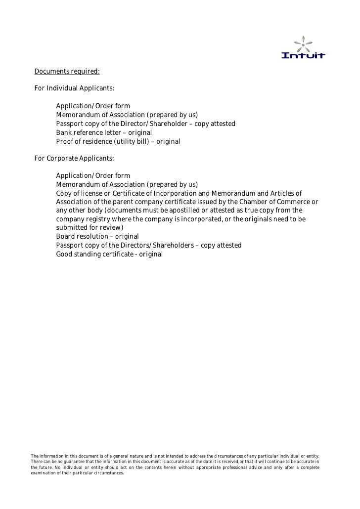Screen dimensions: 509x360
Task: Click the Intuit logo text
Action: pyautogui.click(x=303, y=55)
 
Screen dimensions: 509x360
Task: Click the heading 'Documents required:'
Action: pyautogui.click(x=67, y=72)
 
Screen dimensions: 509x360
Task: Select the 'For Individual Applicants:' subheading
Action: pyautogui.click(x=74, y=88)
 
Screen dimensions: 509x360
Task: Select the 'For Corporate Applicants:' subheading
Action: pyautogui.click(x=74, y=159)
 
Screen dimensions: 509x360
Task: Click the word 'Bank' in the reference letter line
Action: pyautogui.click(x=64, y=132)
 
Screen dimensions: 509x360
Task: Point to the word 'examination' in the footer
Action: pyautogui.click(x=44, y=472)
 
